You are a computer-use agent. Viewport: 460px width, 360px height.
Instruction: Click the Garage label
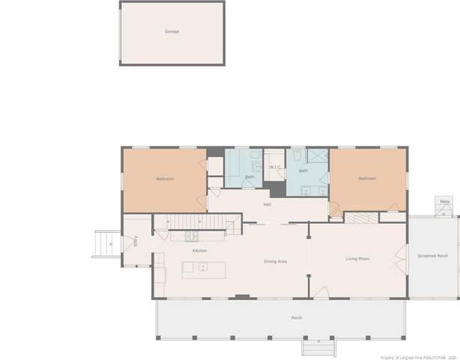pyautogui.click(x=172, y=31)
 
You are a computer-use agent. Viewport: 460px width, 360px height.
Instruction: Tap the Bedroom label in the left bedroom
pyautogui.click(x=165, y=178)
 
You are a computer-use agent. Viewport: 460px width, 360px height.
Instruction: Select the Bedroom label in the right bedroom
pyautogui.click(x=366, y=178)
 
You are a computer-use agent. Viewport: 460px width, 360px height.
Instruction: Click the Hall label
pyautogui.click(x=267, y=204)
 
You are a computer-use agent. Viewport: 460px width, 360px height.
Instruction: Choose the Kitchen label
pyautogui.click(x=199, y=250)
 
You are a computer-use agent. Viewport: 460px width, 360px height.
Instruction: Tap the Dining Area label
pyautogui.click(x=275, y=261)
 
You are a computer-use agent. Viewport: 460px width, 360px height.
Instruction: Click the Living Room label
pyautogui.click(x=357, y=259)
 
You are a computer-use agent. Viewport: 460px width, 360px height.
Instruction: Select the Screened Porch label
pyautogui.click(x=433, y=256)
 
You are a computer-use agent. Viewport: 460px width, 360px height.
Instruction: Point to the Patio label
pyautogui.click(x=444, y=201)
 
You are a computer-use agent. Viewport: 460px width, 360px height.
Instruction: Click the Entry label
pyautogui.click(x=136, y=241)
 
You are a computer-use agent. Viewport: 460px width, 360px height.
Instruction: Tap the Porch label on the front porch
pyautogui.click(x=297, y=318)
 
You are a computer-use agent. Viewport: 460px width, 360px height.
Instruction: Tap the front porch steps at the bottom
pyautogui.click(x=320, y=346)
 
